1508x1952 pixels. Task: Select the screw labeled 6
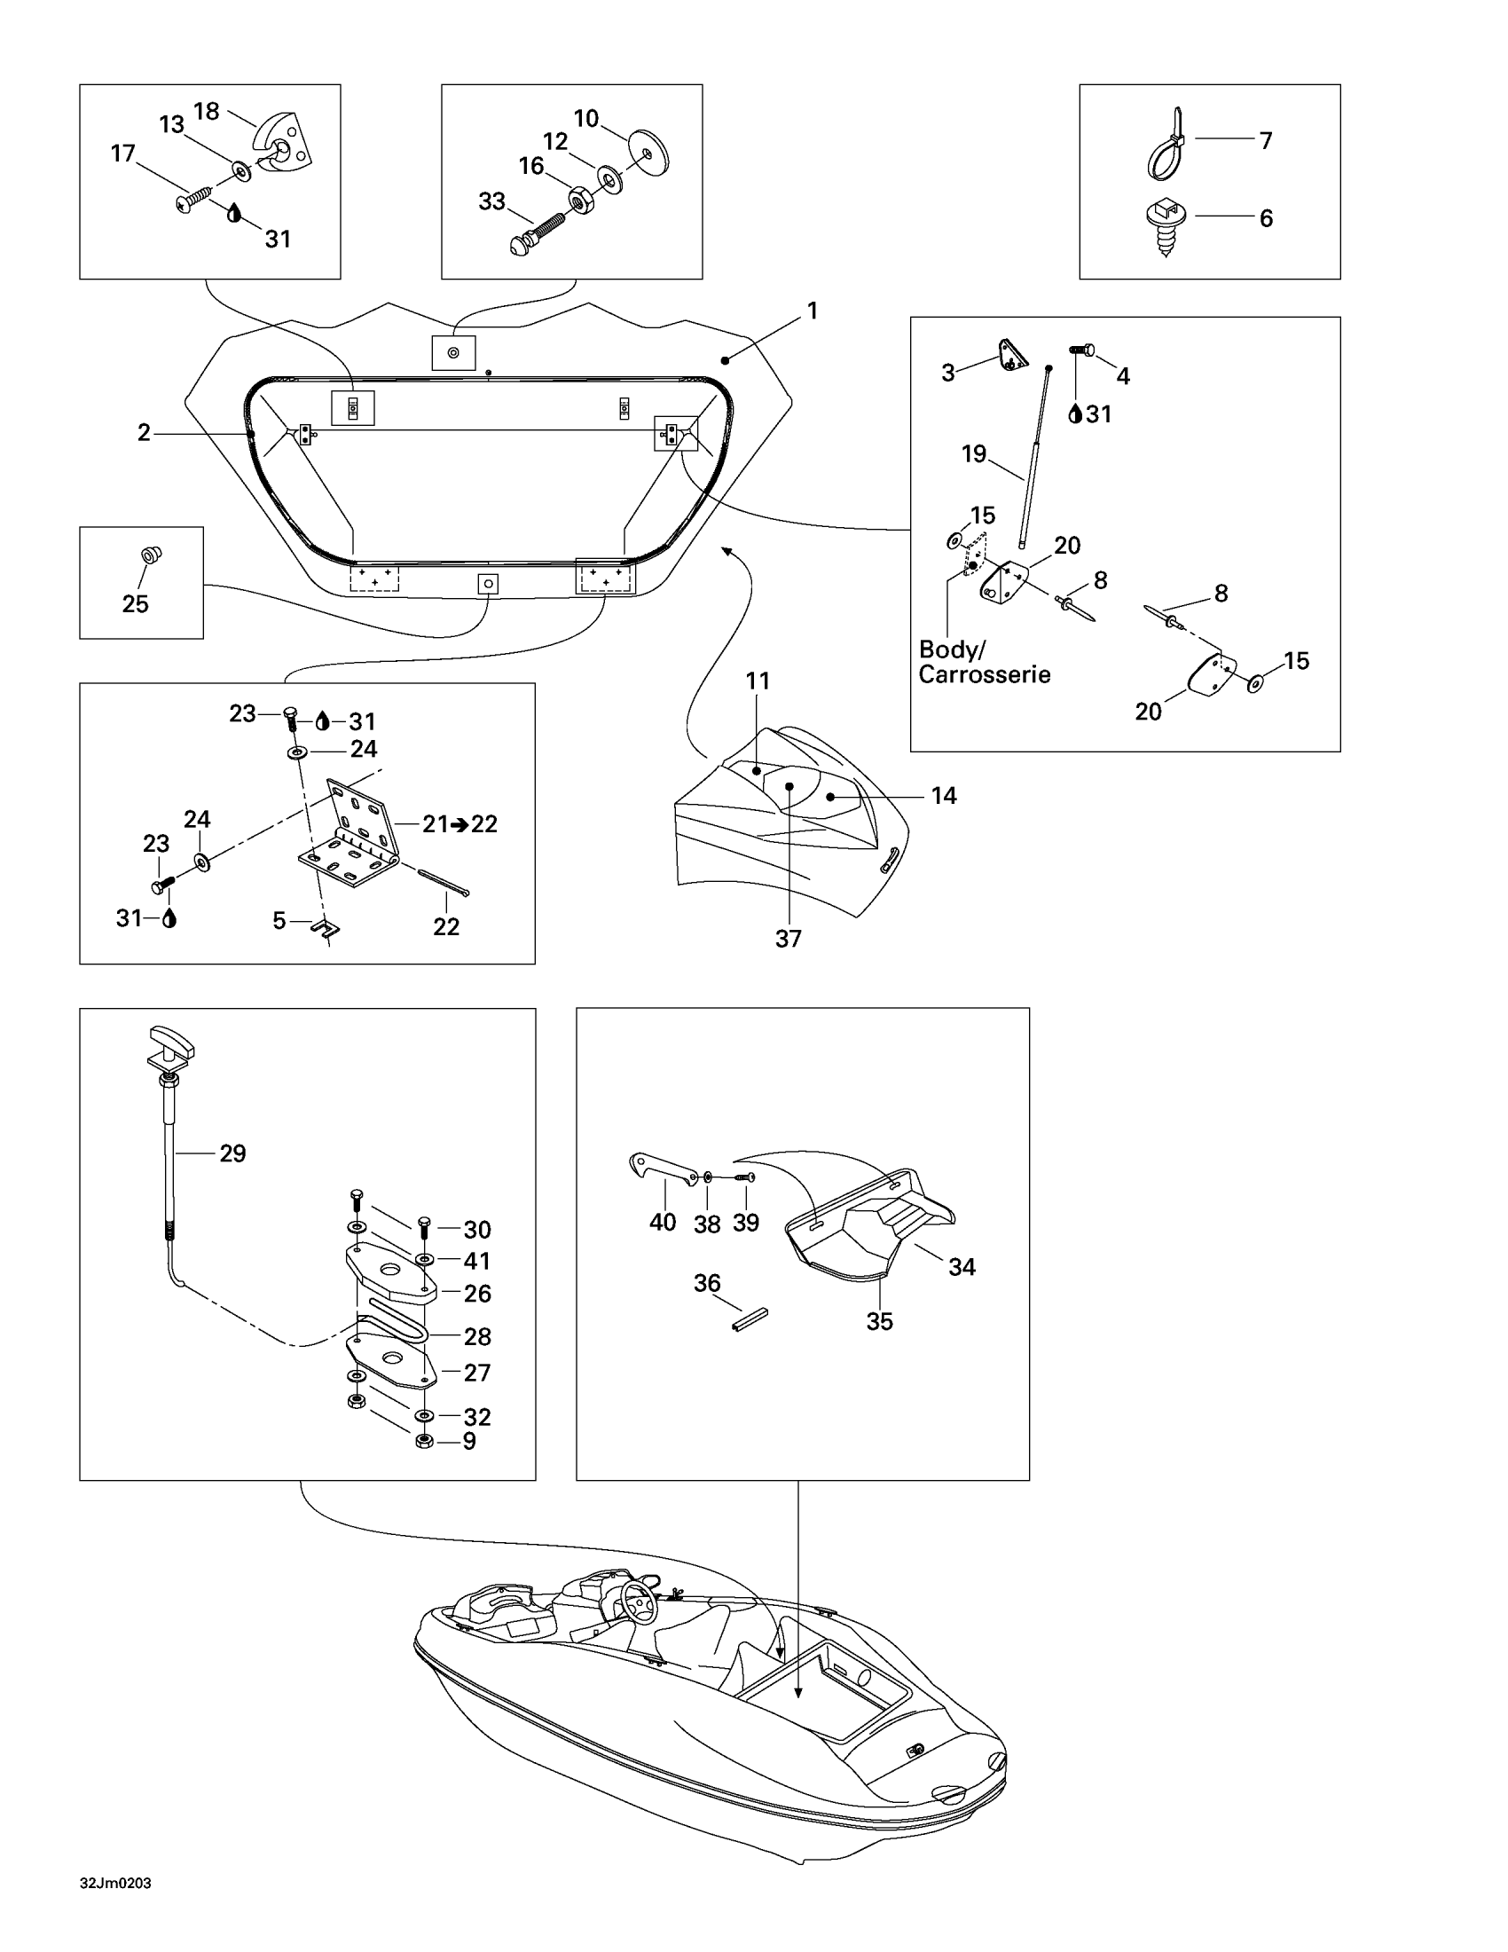click(1166, 224)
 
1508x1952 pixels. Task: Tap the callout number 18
click(207, 112)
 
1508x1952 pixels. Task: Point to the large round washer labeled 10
click(648, 153)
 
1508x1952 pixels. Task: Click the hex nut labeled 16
click(582, 201)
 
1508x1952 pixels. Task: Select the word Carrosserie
click(984, 675)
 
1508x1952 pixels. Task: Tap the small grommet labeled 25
click(151, 555)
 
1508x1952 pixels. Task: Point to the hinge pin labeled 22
click(443, 880)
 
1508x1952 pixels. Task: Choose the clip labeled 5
click(326, 930)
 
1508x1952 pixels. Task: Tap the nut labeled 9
click(424, 1441)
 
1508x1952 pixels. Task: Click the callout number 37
click(788, 939)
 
